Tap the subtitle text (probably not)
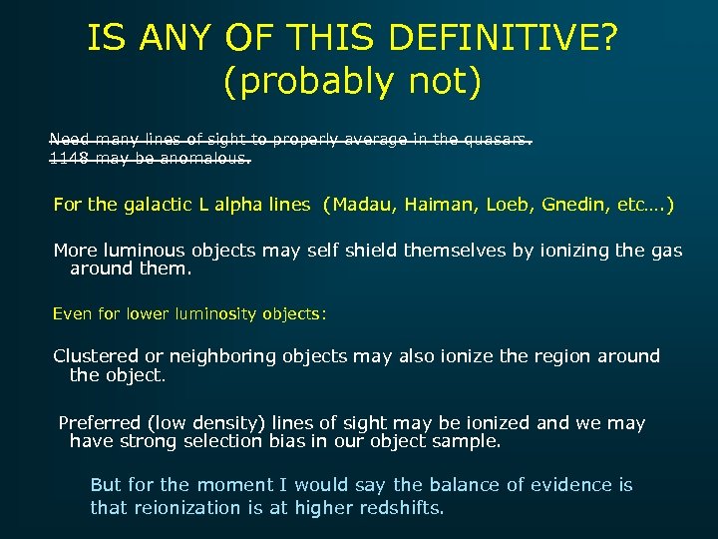pos(352,82)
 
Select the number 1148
pos(67,158)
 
